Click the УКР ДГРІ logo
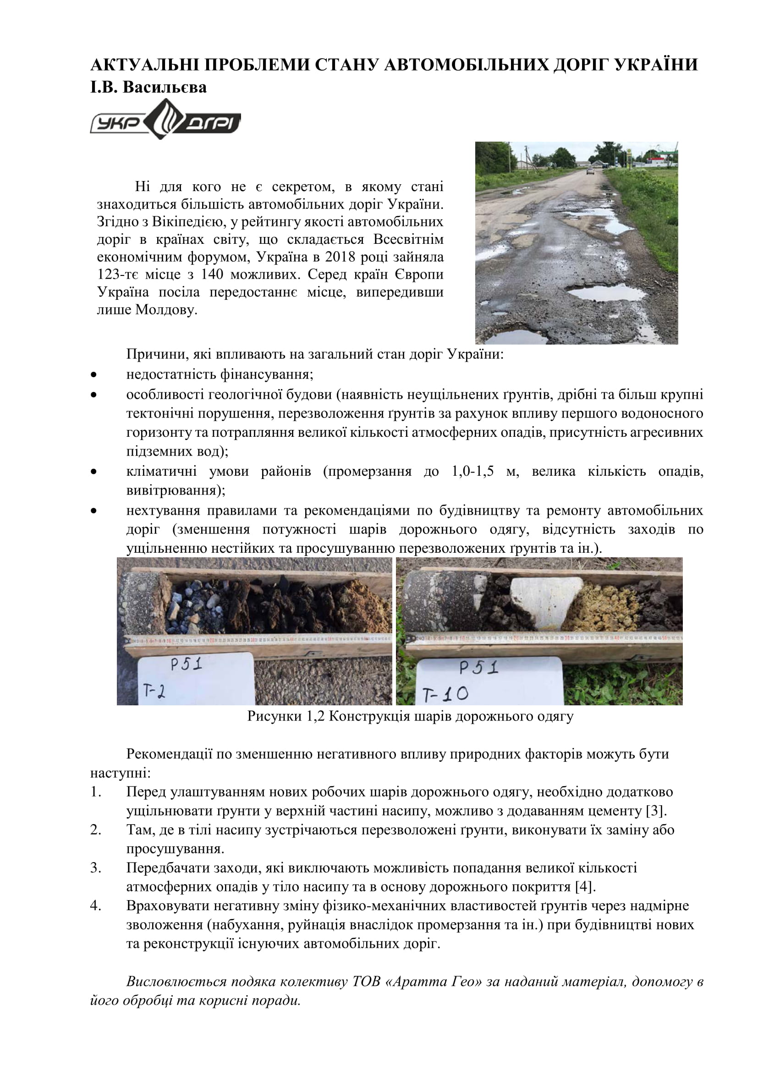(x=165, y=120)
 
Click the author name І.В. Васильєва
(x=148, y=88)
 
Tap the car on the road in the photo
(x=590, y=171)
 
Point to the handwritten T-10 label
(x=446, y=694)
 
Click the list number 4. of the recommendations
(x=96, y=905)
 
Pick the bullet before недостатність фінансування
(x=94, y=374)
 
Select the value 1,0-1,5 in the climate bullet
(x=473, y=471)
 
